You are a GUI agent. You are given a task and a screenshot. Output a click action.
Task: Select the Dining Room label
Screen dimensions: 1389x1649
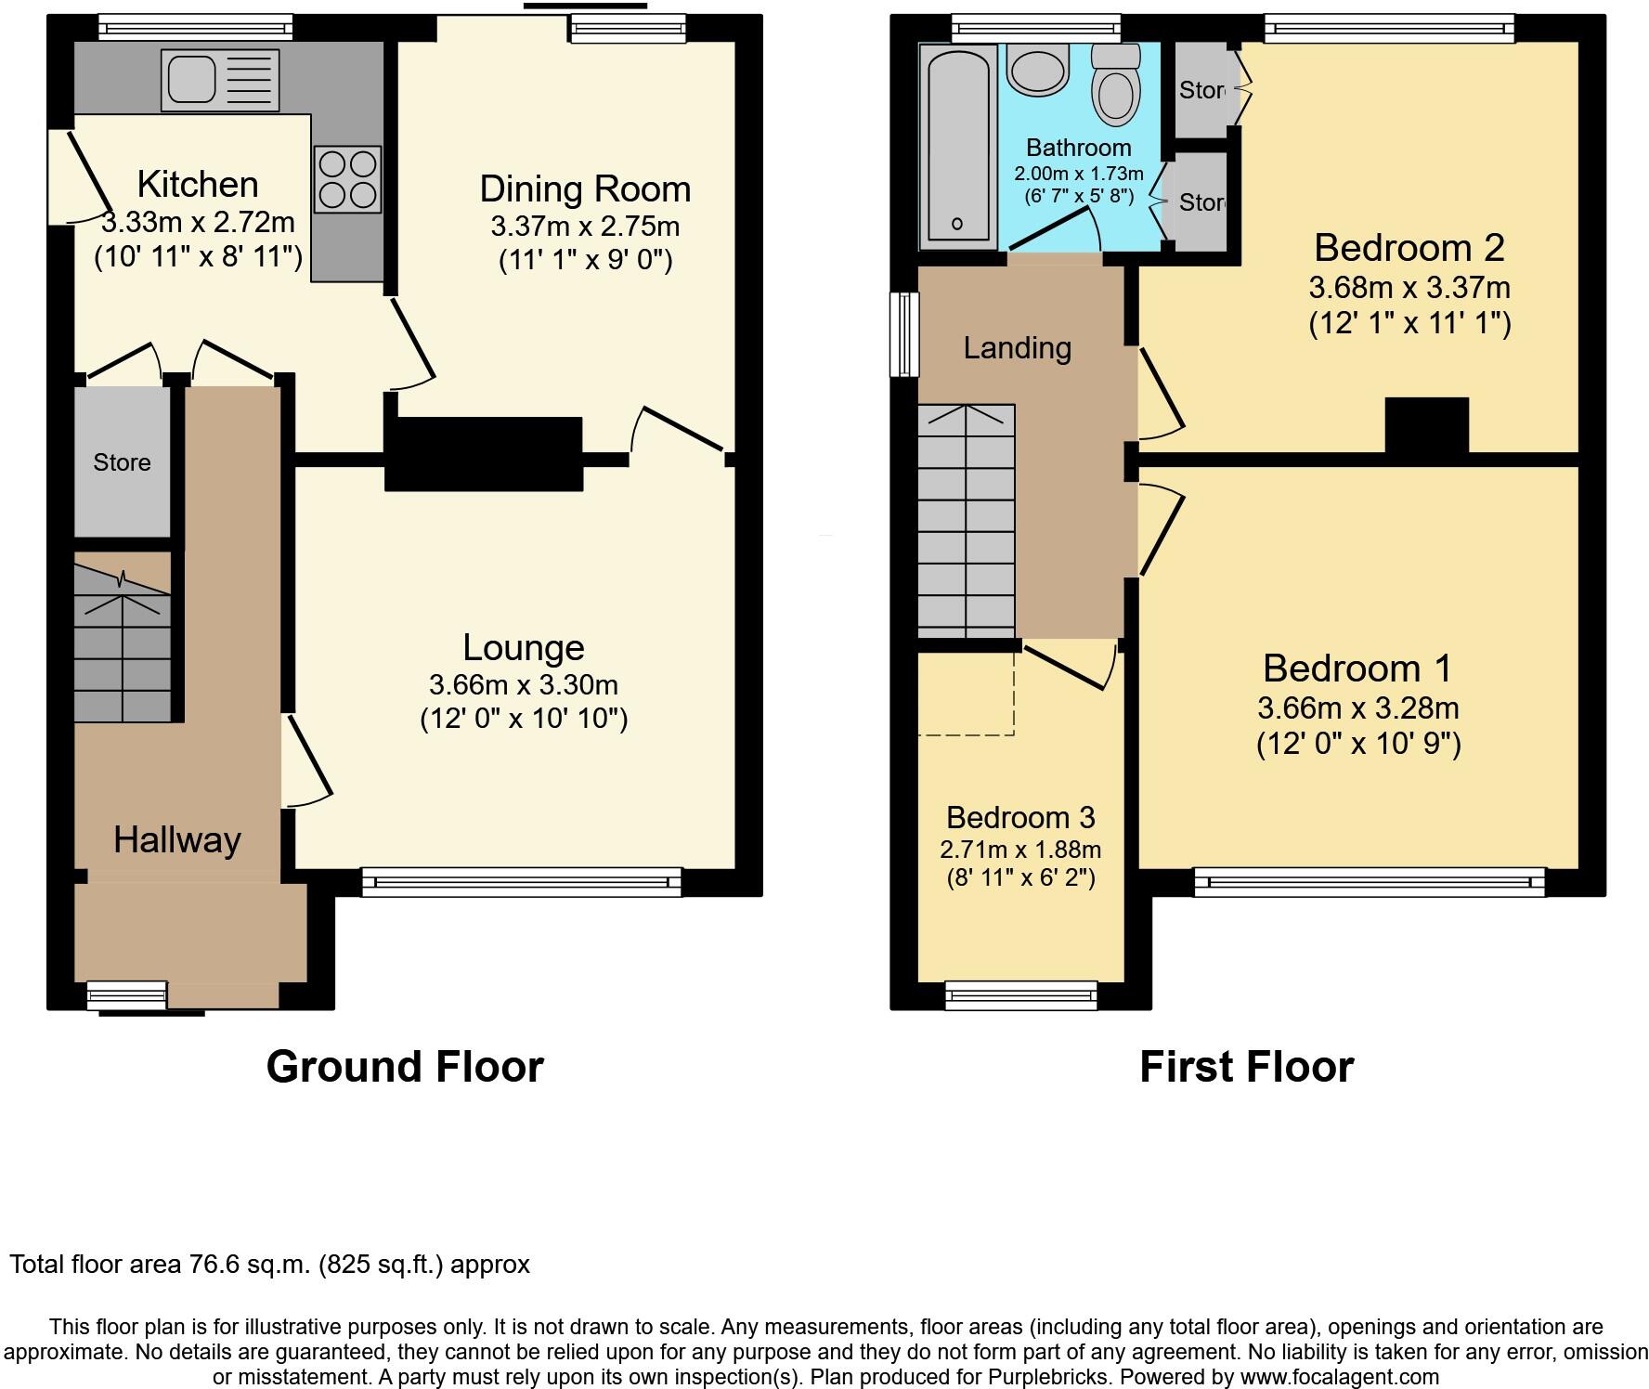pyautogui.click(x=585, y=189)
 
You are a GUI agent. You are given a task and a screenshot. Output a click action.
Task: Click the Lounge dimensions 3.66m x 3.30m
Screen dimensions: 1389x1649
pyautogui.click(x=523, y=685)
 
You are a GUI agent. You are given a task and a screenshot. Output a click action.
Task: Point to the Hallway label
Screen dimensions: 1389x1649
pyautogui.click(x=177, y=840)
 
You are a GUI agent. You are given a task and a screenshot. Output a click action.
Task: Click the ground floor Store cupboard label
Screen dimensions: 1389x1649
pyautogui.click(x=122, y=462)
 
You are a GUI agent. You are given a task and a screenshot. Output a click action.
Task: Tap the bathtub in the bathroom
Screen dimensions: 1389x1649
pyautogui.click(x=957, y=146)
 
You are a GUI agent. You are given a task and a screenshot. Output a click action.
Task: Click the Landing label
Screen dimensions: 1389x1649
pyautogui.click(x=1017, y=348)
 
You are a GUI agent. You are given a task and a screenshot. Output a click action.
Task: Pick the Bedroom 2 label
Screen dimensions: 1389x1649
pyautogui.click(x=1409, y=248)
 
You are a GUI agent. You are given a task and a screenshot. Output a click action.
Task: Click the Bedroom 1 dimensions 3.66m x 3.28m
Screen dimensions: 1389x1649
pyautogui.click(x=1357, y=708)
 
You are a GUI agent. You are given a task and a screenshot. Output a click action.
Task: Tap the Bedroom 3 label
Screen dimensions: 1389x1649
pyautogui.click(x=1020, y=818)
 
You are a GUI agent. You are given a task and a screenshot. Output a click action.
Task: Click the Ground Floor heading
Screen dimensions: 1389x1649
pyautogui.click(x=405, y=1067)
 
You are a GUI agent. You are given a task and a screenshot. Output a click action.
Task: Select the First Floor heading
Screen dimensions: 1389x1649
pyautogui.click(x=1246, y=1067)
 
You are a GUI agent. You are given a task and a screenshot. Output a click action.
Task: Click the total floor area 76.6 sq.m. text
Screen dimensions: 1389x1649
pyautogui.click(x=269, y=1265)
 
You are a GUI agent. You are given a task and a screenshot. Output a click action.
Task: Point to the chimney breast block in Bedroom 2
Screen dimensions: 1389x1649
pyautogui.click(x=1426, y=426)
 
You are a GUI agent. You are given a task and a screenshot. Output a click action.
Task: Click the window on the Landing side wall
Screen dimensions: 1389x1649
pyautogui.click(x=903, y=334)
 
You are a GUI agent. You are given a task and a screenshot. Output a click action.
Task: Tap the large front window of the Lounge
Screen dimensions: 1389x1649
pyautogui.click(x=521, y=882)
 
